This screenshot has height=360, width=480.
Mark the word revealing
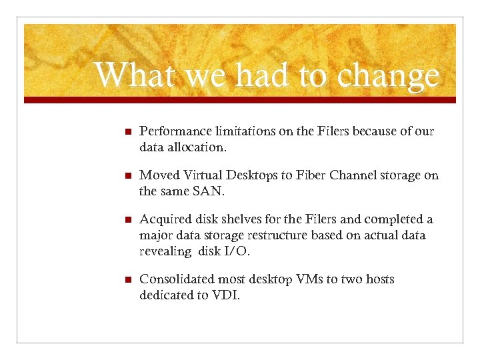[164, 251]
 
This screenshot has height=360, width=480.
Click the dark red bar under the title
[240, 100]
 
